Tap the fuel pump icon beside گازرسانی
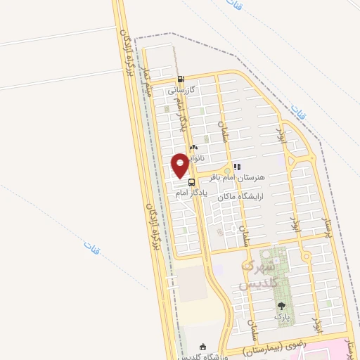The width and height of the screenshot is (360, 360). [x=182, y=79]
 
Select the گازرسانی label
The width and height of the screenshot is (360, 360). [x=182, y=90]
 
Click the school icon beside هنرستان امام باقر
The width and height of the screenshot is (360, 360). [x=236, y=167]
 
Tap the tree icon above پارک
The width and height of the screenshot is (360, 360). [x=282, y=306]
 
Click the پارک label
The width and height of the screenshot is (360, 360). [x=282, y=317]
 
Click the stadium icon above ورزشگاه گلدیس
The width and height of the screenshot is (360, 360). [x=203, y=346]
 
